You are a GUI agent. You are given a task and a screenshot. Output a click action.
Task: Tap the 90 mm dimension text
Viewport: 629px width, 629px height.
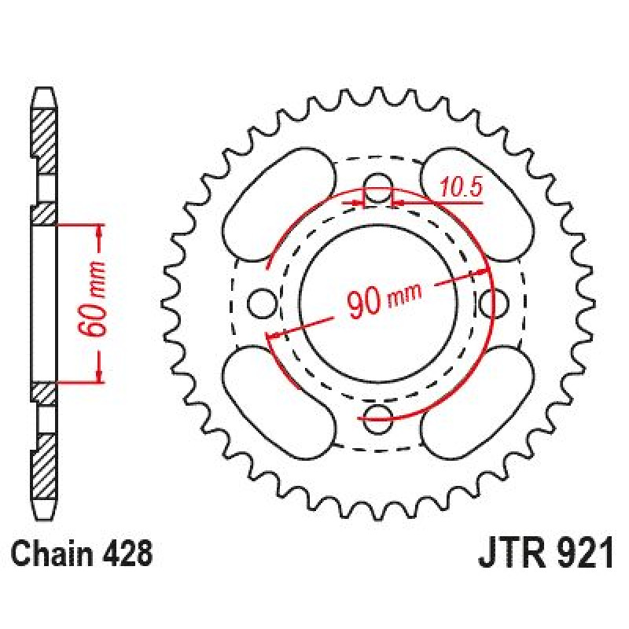(384, 299)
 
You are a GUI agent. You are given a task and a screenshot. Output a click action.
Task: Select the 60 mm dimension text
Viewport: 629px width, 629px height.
(93, 299)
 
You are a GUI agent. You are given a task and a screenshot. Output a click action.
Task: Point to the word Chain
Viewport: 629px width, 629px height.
(50, 554)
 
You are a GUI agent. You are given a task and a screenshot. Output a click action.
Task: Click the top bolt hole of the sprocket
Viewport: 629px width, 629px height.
(377, 188)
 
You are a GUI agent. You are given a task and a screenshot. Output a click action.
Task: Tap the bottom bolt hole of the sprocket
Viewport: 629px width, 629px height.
(377, 419)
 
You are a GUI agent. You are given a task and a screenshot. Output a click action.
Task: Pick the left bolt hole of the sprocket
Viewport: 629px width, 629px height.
(262, 303)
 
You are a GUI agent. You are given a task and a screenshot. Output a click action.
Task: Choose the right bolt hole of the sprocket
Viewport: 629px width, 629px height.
(494, 303)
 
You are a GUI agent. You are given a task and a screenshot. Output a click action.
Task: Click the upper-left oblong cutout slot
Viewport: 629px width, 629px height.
(278, 205)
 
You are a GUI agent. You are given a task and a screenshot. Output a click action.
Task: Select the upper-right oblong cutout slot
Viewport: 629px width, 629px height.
(477, 205)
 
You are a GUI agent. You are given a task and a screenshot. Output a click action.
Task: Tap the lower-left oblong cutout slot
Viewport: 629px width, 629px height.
(278, 403)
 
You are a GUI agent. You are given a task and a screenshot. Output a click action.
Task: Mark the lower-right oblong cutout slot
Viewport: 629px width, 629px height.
(477, 403)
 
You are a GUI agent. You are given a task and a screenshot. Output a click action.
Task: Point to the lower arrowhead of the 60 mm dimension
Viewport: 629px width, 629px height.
(100, 375)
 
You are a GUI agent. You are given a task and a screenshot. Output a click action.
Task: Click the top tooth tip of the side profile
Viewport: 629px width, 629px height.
(44, 88)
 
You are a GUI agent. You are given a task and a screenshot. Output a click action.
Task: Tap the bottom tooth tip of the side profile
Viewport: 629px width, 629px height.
(44, 518)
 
